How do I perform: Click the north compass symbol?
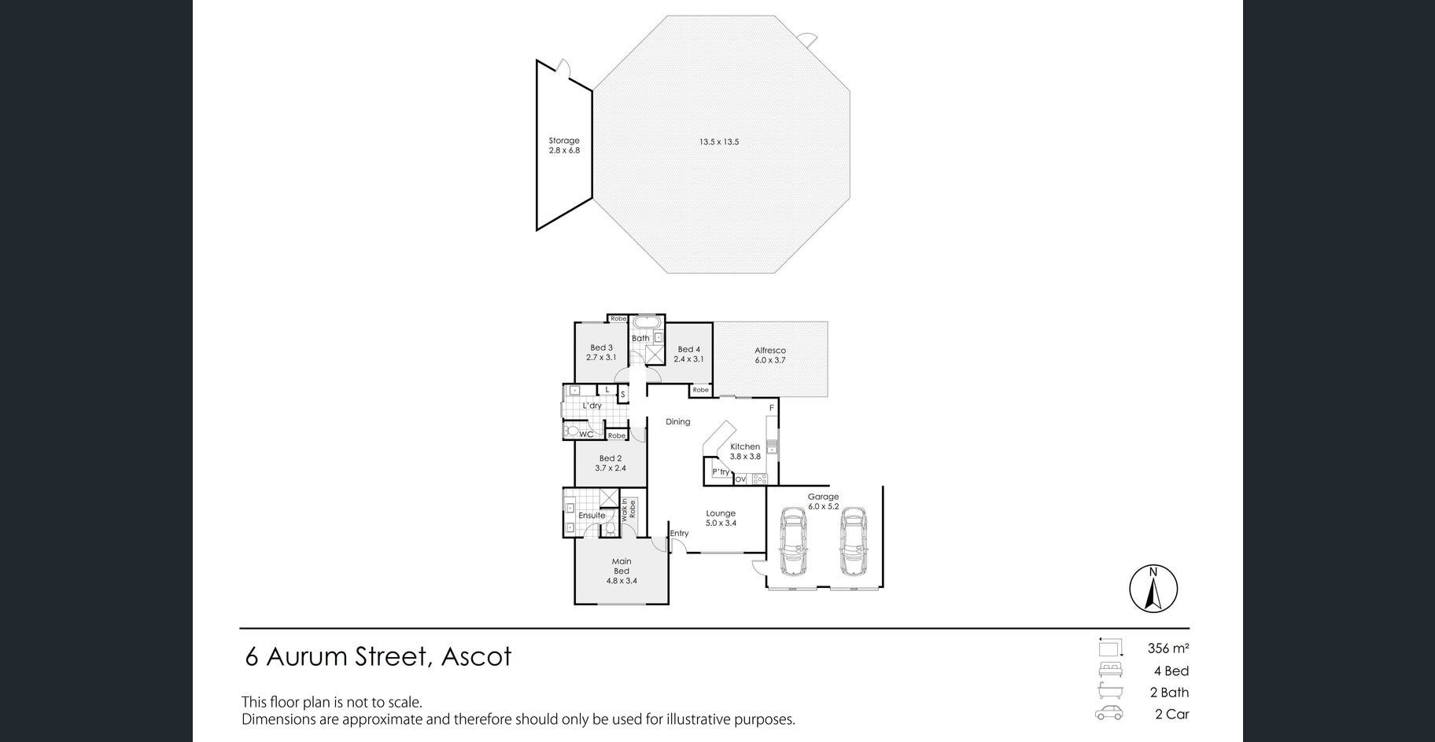pos(1153,588)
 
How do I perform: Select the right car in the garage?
pos(854,542)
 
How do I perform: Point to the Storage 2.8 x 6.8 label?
pos(564,145)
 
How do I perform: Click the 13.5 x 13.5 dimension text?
pos(719,142)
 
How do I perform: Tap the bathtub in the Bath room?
pos(646,322)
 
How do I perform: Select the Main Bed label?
pos(622,571)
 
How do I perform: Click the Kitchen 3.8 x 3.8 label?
pos(745,451)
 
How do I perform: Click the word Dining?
pos(678,422)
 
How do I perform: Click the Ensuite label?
pos(592,516)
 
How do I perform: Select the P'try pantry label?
pos(721,472)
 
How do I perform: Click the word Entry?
pos(679,533)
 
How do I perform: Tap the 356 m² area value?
pos(1168,648)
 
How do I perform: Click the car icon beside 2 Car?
pos(1109,714)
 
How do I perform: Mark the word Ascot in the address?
pos(476,656)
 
